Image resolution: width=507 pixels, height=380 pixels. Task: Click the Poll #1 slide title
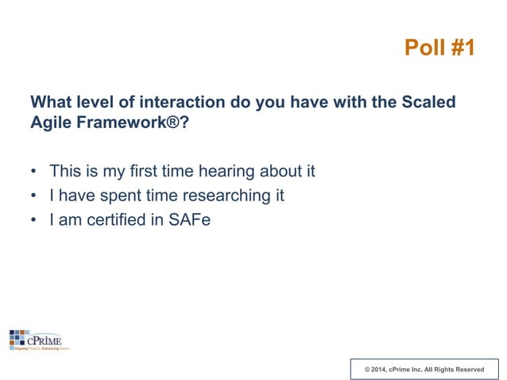pos(439,48)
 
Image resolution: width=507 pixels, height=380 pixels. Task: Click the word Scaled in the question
pos(429,103)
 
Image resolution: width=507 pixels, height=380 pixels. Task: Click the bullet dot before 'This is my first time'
pos(33,172)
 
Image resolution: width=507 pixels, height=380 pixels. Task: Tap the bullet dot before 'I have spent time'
pos(33,196)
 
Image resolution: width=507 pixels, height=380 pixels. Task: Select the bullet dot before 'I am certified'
pos(33,220)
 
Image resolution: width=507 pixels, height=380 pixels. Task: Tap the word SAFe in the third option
pos(189,219)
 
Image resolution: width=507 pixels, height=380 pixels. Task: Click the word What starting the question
pos(51,103)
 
